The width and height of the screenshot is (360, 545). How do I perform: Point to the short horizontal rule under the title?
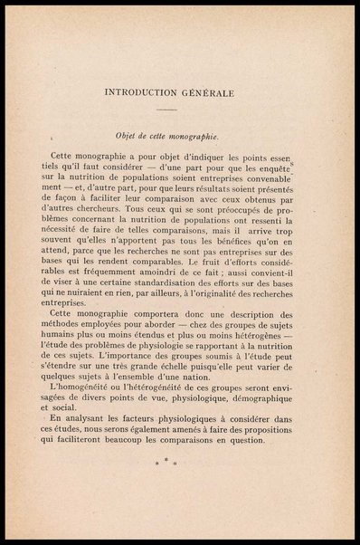pyautogui.click(x=180, y=110)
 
